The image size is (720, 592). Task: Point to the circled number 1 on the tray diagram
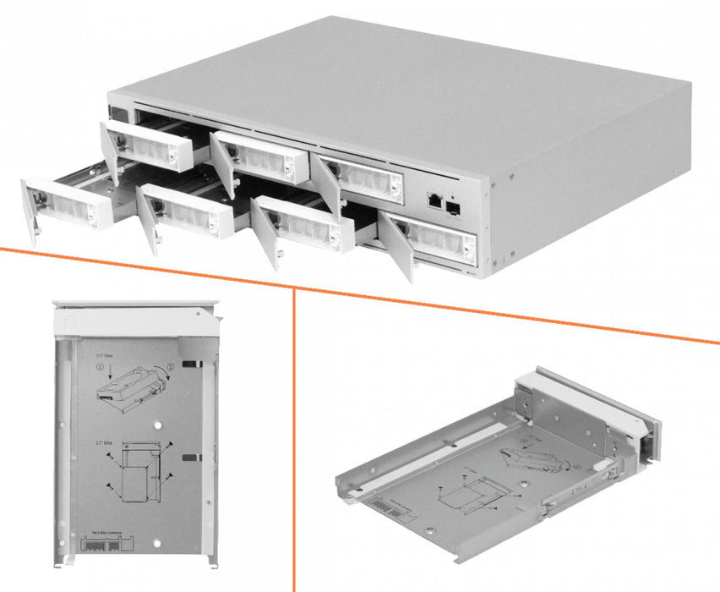tap(101, 369)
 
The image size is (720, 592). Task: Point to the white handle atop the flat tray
tap(135, 320)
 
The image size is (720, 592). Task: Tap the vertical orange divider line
tap(293, 440)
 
